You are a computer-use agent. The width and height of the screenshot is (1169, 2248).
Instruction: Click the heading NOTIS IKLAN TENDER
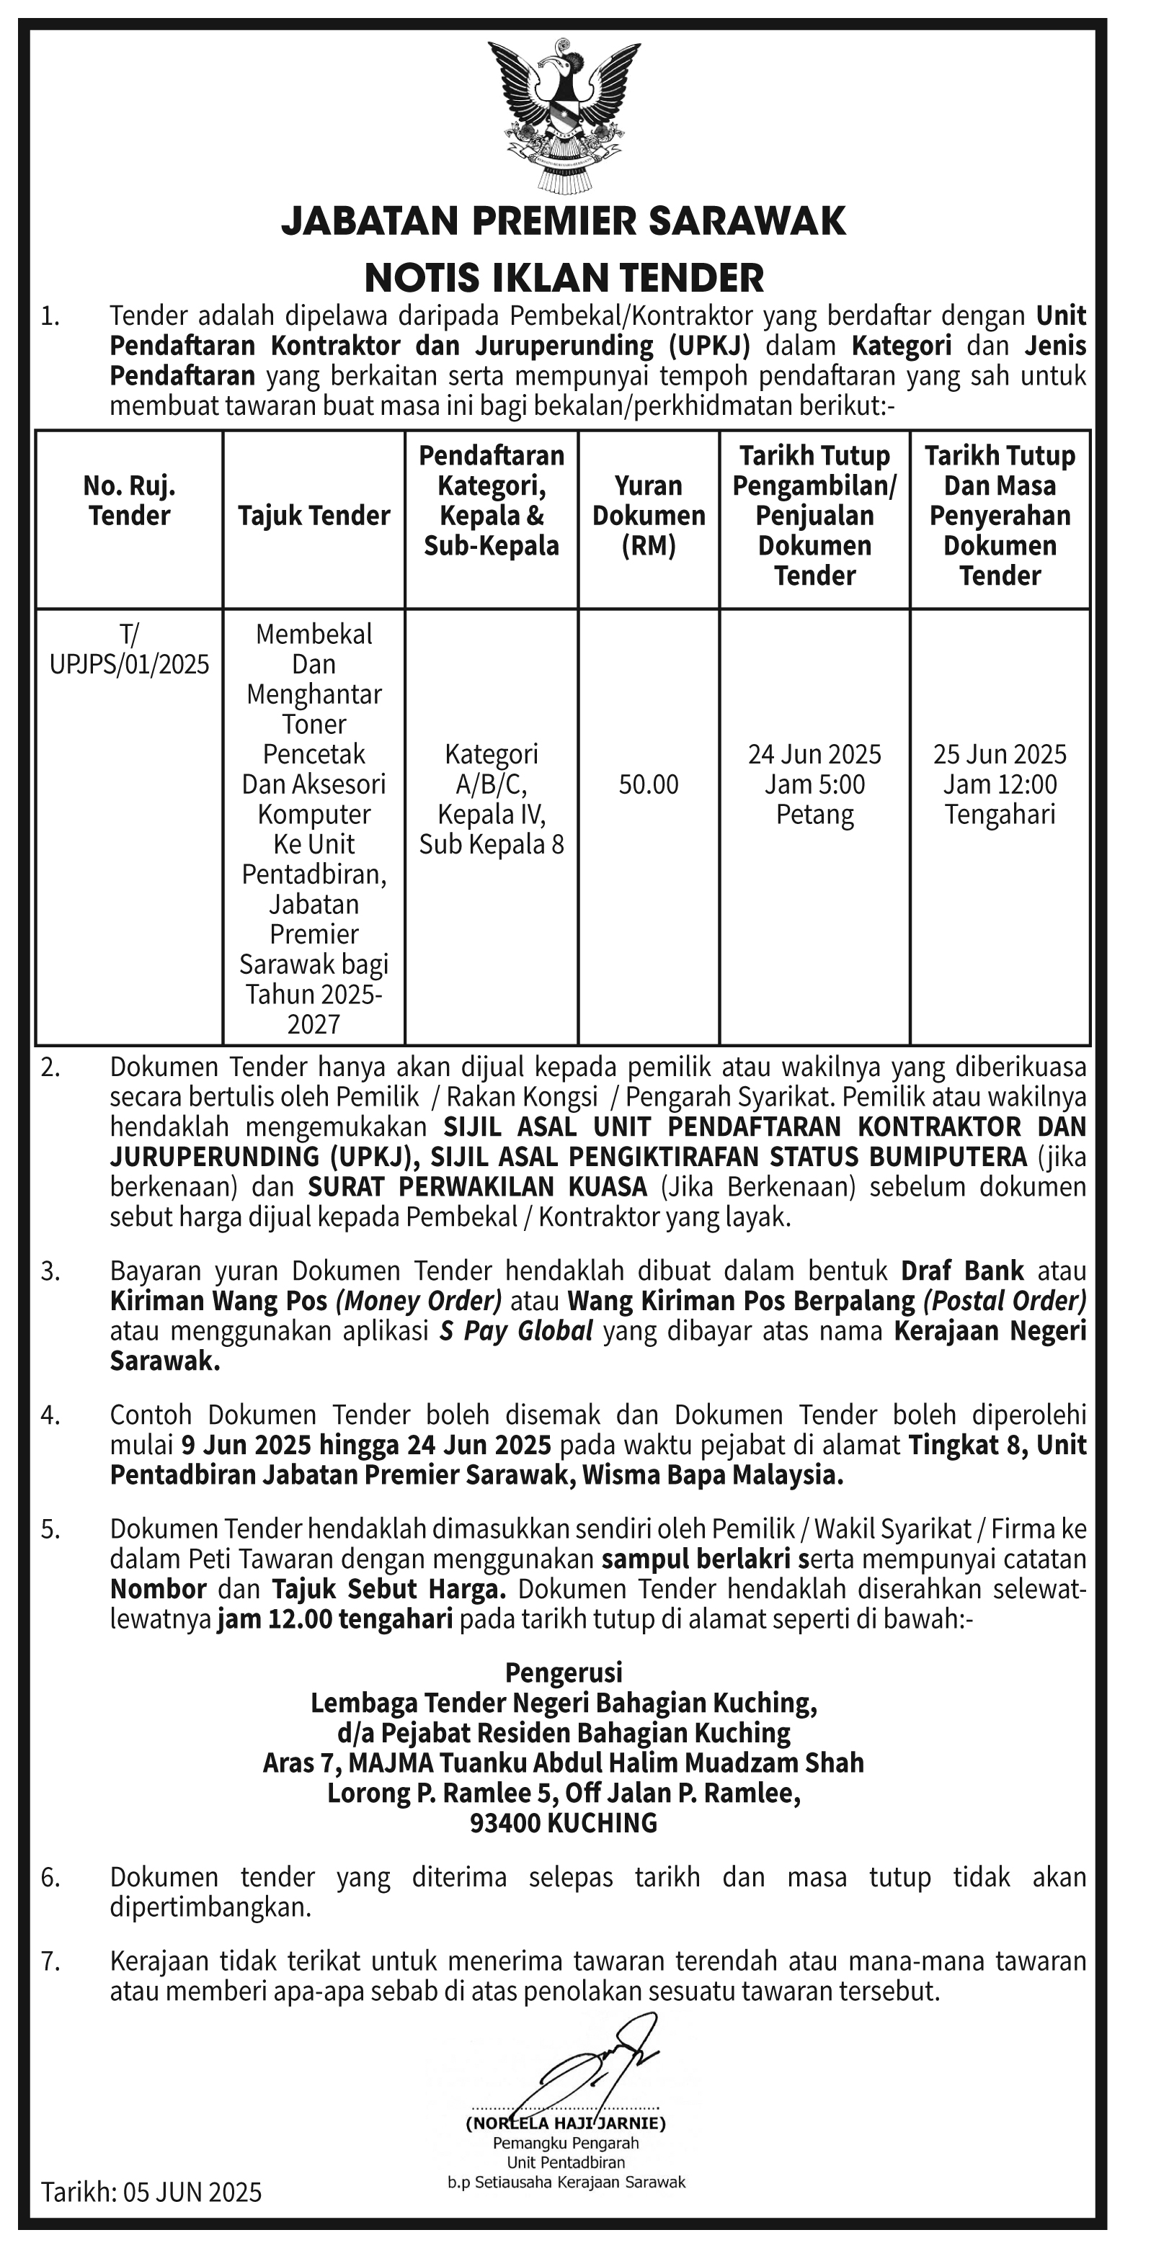(x=564, y=277)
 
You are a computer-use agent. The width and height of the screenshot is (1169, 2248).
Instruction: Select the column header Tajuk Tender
(x=314, y=516)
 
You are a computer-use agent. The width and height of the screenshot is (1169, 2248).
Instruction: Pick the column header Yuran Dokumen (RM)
(x=649, y=516)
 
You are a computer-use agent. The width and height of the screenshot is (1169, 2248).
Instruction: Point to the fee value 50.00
(x=649, y=784)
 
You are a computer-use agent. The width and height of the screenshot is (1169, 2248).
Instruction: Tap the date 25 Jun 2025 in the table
(x=1000, y=754)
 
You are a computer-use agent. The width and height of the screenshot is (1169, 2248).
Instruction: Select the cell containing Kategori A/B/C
(x=492, y=799)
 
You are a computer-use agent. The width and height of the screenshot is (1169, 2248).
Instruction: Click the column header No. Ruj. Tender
(x=129, y=501)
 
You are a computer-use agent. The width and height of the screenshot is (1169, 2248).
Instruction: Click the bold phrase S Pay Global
(x=516, y=1331)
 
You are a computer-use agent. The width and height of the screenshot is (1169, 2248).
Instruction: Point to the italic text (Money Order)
(x=418, y=1301)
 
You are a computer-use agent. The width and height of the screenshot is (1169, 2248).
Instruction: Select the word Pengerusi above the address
(x=564, y=1672)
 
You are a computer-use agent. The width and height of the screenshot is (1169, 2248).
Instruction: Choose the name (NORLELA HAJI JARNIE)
(x=566, y=2123)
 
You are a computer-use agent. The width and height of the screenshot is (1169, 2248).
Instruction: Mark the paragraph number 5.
(x=50, y=1530)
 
